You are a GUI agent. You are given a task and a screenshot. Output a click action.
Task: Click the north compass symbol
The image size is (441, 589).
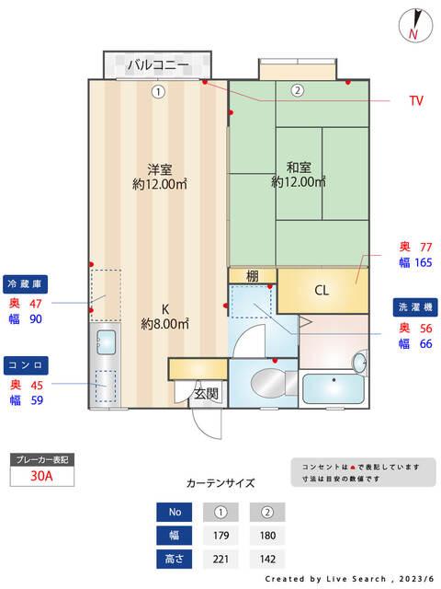point(414,26)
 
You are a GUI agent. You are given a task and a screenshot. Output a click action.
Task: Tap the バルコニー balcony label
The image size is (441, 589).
point(157,64)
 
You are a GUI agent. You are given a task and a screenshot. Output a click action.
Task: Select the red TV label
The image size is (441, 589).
point(416,101)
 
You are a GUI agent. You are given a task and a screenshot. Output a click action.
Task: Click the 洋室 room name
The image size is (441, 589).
point(160,169)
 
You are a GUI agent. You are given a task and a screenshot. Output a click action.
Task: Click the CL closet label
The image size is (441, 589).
point(322,291)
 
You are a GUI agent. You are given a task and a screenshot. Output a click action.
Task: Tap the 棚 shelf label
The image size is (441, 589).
point(253,276)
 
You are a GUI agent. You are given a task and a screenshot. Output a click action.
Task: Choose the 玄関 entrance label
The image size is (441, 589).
point(206,394)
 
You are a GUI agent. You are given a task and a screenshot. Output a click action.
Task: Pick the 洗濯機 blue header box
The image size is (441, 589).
point(415,306)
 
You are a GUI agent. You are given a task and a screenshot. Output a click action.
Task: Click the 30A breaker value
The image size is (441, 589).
point(40,476)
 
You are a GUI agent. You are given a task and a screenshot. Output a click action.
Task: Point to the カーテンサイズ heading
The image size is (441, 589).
point(220,482)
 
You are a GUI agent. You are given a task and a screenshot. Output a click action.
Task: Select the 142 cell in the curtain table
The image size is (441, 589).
point(267,559)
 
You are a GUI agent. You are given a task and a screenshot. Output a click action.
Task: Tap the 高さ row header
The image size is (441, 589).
point(173,559)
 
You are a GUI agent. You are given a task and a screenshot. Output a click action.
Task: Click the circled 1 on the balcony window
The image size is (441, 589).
point(158,91)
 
